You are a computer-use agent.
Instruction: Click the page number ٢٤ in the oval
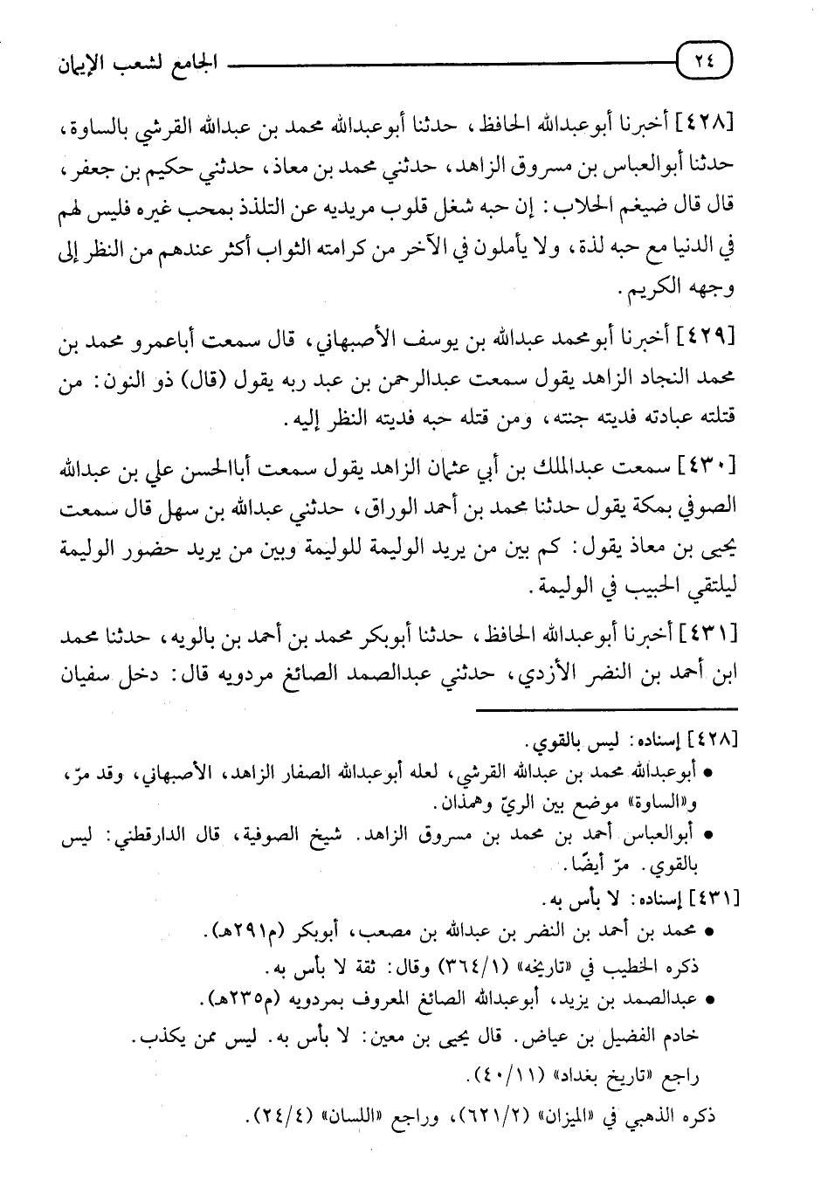(706, 61)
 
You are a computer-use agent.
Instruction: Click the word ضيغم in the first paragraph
(639, 209)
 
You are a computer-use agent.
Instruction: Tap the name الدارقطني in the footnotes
(156, 835)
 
